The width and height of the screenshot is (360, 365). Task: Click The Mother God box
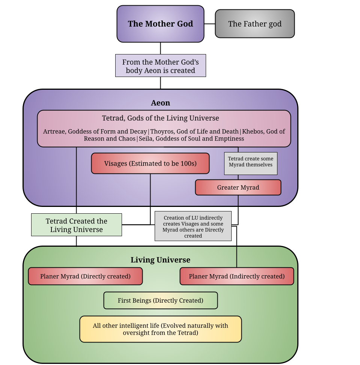tap(160, 24)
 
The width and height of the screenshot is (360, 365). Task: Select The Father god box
tap(255, 24)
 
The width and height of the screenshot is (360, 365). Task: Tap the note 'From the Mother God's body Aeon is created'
tap(160, 66)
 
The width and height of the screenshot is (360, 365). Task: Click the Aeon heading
tap(160, 103)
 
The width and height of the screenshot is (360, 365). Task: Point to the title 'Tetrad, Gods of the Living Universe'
tap(160, 118)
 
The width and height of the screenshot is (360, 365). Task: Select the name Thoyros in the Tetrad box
tap(162, 131)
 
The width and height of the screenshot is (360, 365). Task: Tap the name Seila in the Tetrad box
tap(147, 139)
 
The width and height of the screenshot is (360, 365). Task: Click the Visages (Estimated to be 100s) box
tap(150, 163)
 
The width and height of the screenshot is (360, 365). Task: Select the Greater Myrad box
tap(238, 187)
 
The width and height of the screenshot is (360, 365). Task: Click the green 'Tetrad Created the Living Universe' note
tap(76, 225)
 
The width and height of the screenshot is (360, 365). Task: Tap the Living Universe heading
tap(160, 260)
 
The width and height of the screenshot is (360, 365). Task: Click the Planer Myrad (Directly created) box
tap(85, 276)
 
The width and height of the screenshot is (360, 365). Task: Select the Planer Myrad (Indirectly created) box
tap(236, 276)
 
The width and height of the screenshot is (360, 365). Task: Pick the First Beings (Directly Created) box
tap(160, 300)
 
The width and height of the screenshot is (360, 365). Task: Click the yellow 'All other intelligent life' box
tap(160, 329)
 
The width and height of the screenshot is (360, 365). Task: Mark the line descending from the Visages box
tap(150, 190)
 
